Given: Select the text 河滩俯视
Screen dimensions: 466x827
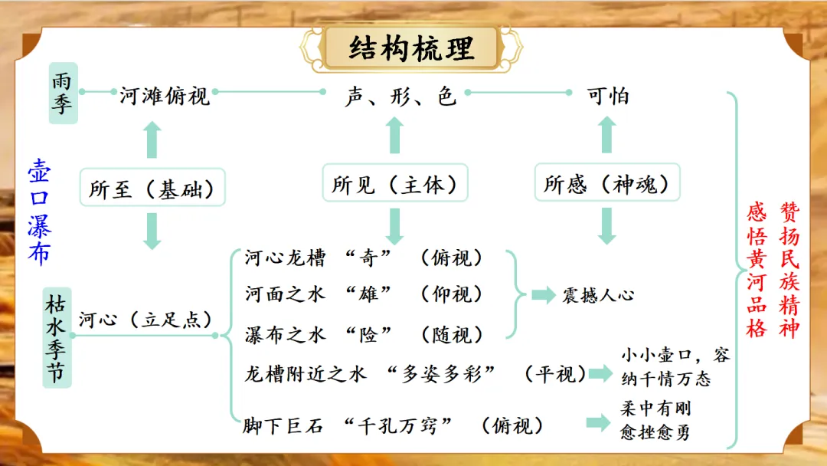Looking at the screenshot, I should [x=165, y=96].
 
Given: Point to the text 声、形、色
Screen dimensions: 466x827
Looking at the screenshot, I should [x=399, y=96].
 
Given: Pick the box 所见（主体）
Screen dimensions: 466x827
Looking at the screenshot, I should [x=394, y=185].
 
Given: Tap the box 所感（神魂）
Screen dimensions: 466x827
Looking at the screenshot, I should [x=606, y=185].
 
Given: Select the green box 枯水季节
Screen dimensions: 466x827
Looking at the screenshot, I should [x=57, y=336].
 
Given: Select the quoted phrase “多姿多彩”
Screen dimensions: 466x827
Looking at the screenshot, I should [x=442, y=373].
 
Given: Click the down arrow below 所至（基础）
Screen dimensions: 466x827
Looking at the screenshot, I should [x=152, y=230].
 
